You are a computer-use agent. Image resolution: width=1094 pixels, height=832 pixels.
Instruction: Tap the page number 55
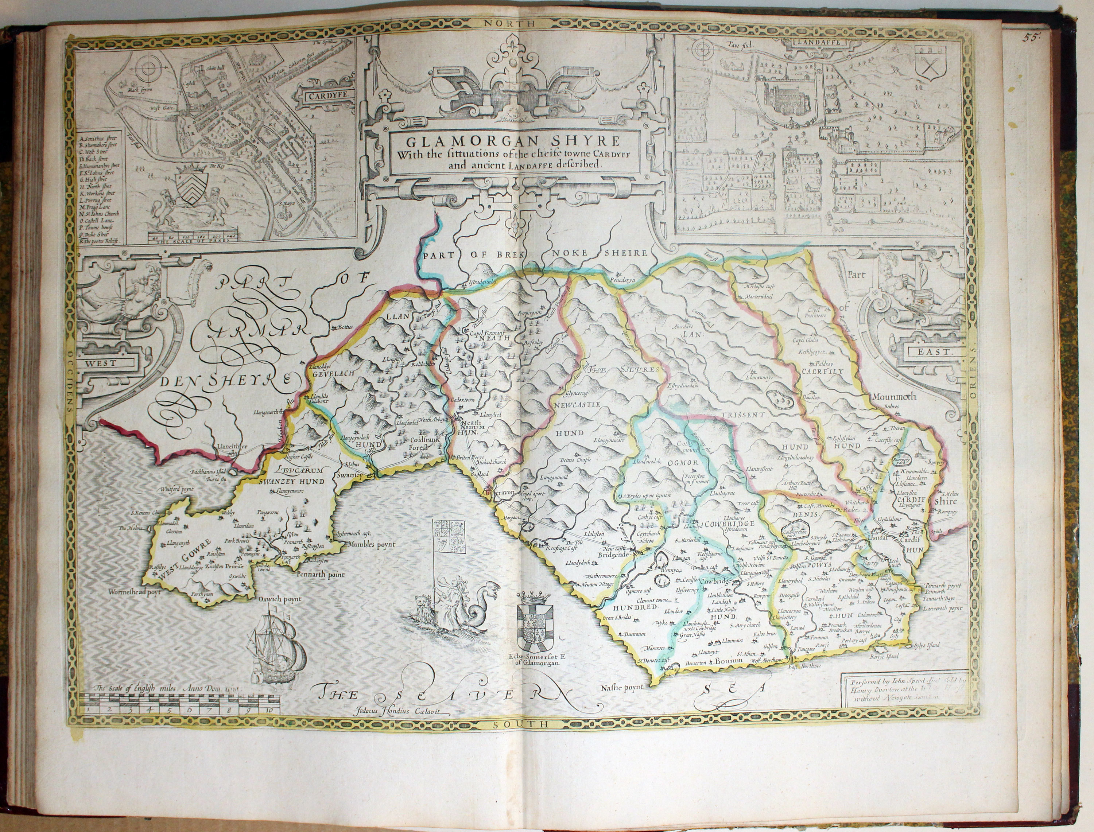(1033, 36)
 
